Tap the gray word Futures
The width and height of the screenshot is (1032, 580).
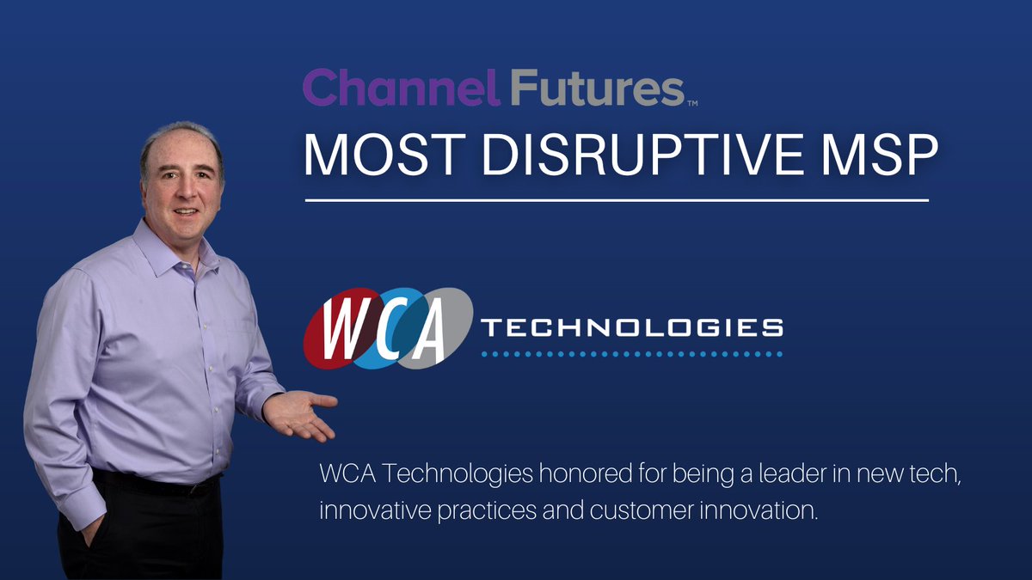pyautogui.click(x=596, y=89)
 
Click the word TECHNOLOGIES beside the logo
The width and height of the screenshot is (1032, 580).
pyautogui.click(x=631, y=327)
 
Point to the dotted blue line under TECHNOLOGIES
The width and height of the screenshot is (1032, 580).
pyautogui.click(x=631, y=353)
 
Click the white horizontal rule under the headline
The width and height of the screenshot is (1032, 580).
pyautogui.click(x=617, y=201)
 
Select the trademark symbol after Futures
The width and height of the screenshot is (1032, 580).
pyautogui.click(x=692, y=104)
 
